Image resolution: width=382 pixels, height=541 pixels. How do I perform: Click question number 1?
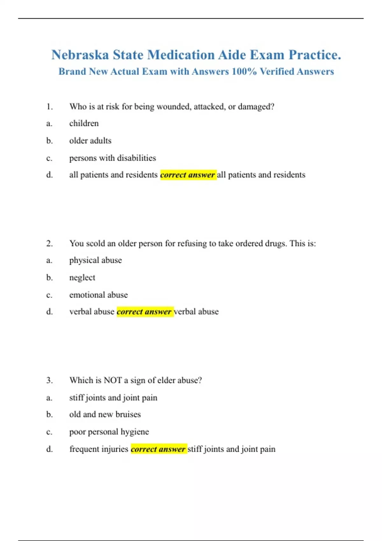click(x=49, y=107)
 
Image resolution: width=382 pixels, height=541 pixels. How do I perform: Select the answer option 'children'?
click(x=84, y=123)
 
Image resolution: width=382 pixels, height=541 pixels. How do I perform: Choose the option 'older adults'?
click(x=90, y=141)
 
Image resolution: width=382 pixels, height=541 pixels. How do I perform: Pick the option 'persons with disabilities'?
click(x=113, y=158)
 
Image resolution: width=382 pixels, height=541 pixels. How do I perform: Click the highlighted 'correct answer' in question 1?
click(x=188, y=175)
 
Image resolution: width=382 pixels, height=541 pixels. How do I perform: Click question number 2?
click(x=49, y=243)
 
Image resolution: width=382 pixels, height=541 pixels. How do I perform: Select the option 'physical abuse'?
click(x=95, y=260)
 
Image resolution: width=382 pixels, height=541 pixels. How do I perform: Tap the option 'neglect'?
click(x=82, y=278)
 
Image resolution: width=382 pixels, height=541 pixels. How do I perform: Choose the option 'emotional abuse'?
click(x=98, y=295)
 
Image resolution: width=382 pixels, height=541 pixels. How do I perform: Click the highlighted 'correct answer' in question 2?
click(x=145, y=312)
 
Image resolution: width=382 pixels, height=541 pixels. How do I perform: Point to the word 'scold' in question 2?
click(x=95, y=243)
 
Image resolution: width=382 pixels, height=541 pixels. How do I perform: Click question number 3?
click(x=49, y=380)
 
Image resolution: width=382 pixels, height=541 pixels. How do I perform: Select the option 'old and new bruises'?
click(x=105, y=414)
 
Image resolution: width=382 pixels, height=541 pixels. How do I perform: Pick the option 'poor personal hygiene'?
click(x=109, y=432)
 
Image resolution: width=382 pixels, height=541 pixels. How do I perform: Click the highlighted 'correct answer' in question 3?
click(x=158, y=449)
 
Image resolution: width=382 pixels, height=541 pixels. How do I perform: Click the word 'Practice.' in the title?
click(x=315, y=55)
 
